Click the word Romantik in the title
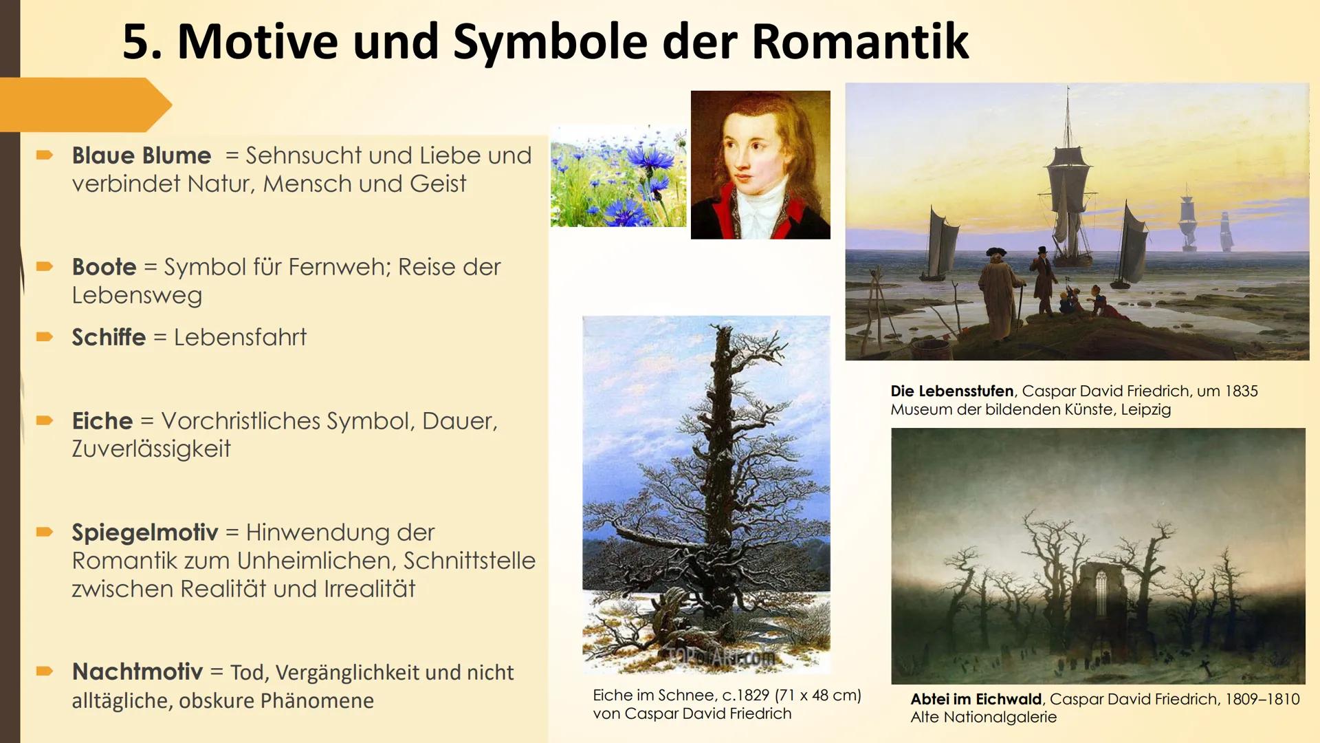click(x=860, y=42)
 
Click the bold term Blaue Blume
click(x=141, y=155)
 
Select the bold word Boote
click(x=104, y=267)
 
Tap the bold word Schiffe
click(x=109, y=337)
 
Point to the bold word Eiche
click(x=102, y=420)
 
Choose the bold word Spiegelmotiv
click(x=144, y=532)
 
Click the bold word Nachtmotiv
click(x=137, y=671)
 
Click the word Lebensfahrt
click(x=240, y=337)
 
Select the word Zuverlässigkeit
click(x=151, y=449)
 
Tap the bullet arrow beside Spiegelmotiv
click(x=45, y=531)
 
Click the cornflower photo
click(x=618, y=176)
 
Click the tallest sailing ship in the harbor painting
click(x=1068, y=186)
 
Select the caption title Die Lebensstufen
click(x=951, y=391)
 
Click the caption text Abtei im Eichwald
click(x=976, y=699)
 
